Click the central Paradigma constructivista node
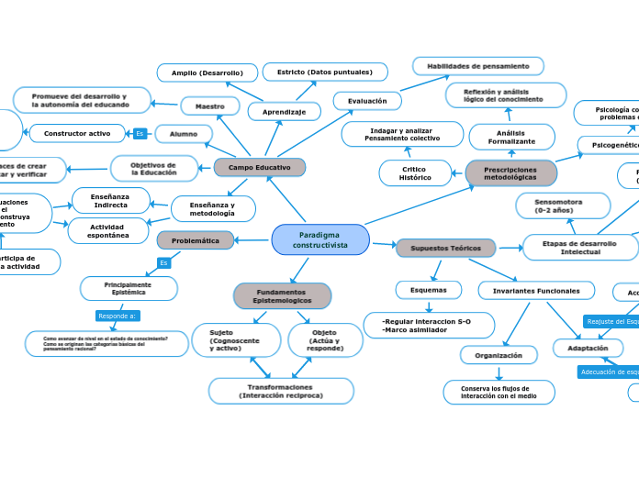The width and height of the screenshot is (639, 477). tap(320, 240)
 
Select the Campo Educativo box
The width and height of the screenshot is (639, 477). tap(259, 168)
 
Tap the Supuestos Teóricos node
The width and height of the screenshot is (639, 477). tap(445, 248)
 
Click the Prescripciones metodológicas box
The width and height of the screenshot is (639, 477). tap(510, 172)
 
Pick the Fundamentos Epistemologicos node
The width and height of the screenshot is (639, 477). tap(282, 296)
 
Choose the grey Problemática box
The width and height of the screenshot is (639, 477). tap(195, 240)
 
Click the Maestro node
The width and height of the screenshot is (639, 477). tap(210, 106)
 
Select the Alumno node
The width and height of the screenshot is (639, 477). tap(184, 134)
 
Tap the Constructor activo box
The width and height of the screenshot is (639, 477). tap(77, 134)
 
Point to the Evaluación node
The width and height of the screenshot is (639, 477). tap(367, 101)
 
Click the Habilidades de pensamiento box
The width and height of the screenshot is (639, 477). tap(477, 66)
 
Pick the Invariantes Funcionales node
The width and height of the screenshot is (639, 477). tap(536, 291)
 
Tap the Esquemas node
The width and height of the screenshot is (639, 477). tap(428, 290)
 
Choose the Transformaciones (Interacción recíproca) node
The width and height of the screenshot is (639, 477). tap(281, 391)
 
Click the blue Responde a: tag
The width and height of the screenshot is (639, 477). tap(118, 316)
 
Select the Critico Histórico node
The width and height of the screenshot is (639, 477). tap(415, 172)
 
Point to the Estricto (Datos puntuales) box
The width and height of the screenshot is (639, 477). tap(325, 72)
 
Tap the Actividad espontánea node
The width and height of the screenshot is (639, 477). tap(108, 231)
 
